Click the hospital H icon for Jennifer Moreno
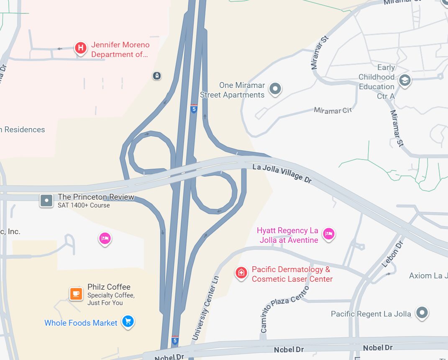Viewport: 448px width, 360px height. (x=81, y=48)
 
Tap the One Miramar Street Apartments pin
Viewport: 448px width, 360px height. (x=275, y=88)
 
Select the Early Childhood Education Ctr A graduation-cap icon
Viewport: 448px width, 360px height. (x=404, y=80)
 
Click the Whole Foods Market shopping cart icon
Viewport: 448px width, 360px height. (x=128, y=321)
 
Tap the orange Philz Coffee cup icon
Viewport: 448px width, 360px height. (x=76, y=293)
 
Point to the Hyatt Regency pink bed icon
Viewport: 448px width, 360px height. (x=329, y=234)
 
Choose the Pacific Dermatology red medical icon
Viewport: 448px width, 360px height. (x=241, y=273)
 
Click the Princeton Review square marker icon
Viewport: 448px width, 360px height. (x=46, y=201)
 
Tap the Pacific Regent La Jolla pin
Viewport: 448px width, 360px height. (x=422, y=312)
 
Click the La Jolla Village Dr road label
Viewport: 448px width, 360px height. (x=282, y=173)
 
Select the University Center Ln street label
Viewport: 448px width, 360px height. (x=205, y=308)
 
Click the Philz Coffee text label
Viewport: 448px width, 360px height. (x=109, y=287)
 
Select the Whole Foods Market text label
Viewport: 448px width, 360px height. (x=81, y=323)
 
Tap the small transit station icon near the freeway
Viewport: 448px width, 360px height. (x=156, y=76)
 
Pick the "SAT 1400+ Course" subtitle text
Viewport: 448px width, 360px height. (x=84, y=205)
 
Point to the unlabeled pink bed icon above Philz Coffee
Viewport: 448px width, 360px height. (x=105, y=239)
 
